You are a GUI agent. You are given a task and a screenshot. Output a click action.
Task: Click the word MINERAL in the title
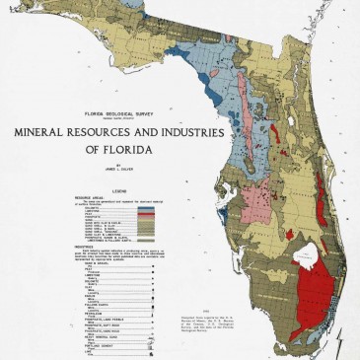(x=46, y=131)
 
